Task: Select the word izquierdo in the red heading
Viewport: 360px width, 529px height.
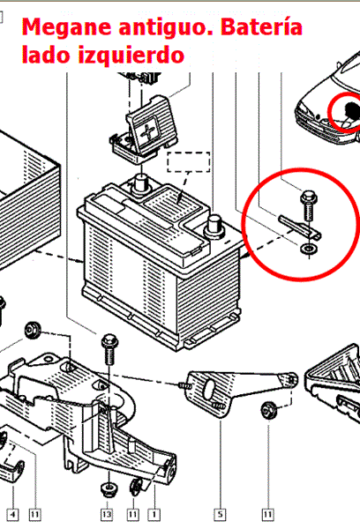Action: coord(131,56)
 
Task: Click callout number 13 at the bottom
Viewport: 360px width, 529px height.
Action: coord(107,515)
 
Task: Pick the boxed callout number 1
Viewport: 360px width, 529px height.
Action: coord(154,515)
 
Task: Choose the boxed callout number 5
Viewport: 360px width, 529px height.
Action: coord(220,515)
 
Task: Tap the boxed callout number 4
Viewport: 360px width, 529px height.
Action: coord(12,515)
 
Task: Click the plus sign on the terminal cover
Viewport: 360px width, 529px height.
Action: coord(148,132)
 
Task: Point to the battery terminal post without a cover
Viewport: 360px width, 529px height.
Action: coord(214,227)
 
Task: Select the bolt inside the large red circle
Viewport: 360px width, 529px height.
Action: coord(308,205)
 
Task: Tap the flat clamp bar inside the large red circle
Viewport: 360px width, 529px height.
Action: coord(299,228)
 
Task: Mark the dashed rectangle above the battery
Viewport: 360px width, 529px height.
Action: coord(189,162)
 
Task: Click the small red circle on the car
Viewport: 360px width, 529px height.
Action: coord(344,111)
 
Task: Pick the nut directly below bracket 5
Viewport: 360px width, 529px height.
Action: coord(269,410)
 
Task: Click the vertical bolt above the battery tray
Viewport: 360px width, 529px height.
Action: coord(109,349)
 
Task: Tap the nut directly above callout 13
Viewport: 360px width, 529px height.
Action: coord(109,489)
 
